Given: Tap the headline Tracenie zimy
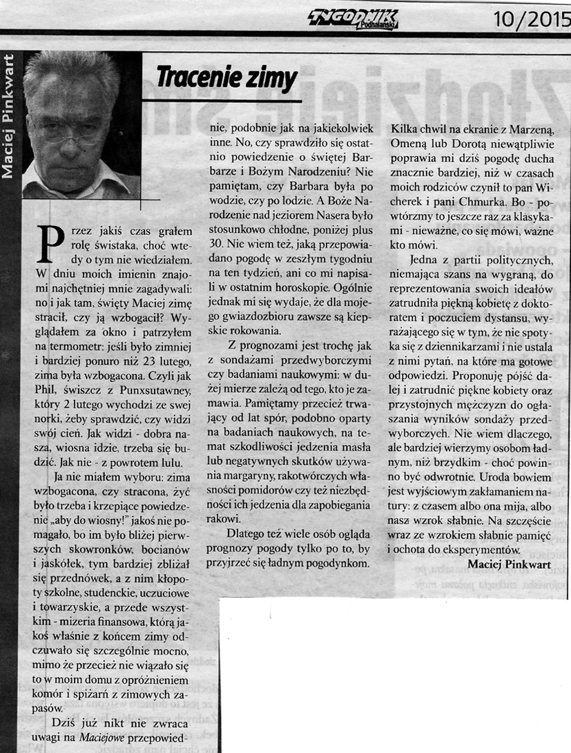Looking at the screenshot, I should click(x=226, y=79).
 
